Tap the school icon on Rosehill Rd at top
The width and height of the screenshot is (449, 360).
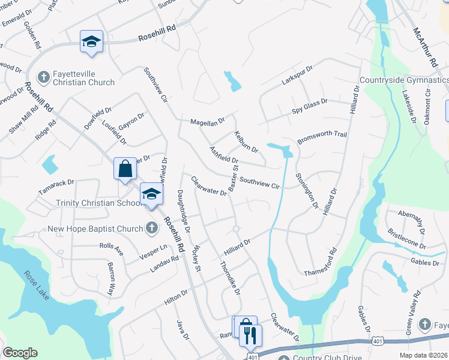coord(91,41)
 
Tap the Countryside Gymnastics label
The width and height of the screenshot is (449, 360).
coord(404,80)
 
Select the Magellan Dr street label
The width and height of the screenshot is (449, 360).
coord(207,121)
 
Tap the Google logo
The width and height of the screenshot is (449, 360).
coord(20,353)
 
